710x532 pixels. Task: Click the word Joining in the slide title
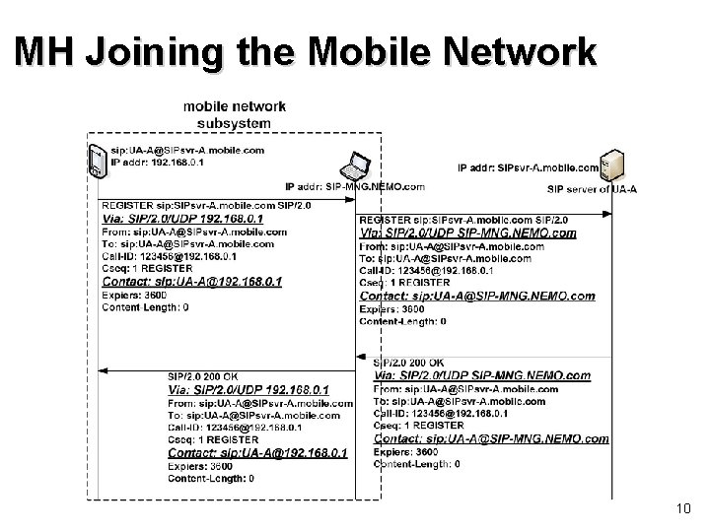click(159, 52)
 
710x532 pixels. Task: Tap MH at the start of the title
click(47, 52)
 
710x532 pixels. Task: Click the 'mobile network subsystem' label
click(235, 114)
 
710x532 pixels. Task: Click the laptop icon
click(354, 166)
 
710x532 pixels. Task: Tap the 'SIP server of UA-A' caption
click(592, 189)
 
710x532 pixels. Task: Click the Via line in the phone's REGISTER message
click(183, 219)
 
